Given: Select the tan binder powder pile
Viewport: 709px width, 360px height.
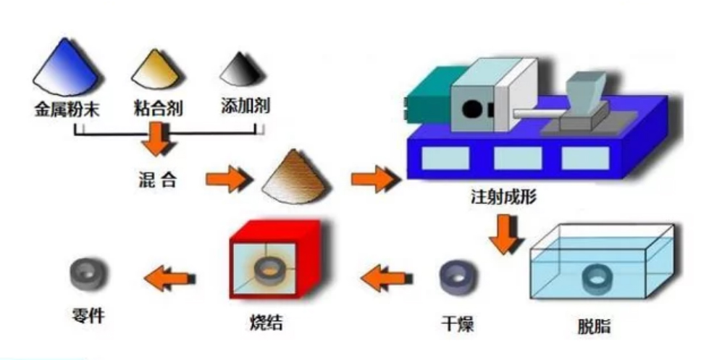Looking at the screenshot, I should coord(156,70).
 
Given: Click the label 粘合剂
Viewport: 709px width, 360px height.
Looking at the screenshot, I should coord(157,109).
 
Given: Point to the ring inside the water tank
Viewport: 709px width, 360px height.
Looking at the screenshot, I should coord(599,276).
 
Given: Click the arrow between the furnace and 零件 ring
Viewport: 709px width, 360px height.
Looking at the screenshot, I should coord(169,275).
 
